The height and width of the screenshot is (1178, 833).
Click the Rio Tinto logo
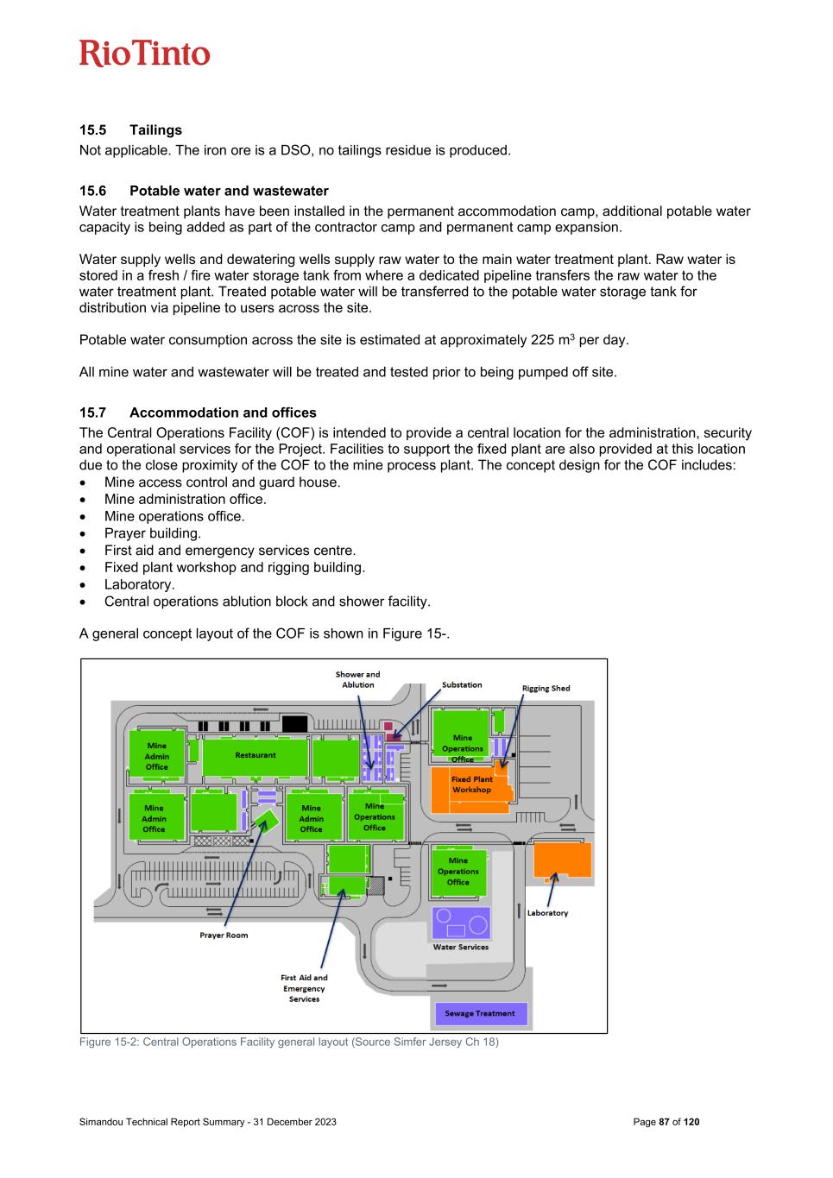tap(144, 54)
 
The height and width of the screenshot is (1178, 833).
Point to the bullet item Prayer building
tap(152, 533)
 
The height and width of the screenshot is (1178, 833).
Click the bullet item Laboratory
tap(139, 584)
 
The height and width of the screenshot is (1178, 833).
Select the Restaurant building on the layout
tap(256, 756)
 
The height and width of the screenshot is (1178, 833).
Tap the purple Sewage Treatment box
tap(479, 1013)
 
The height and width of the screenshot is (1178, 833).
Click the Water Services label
tap(460, 947)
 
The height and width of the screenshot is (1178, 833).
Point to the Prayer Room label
tap(224, 935)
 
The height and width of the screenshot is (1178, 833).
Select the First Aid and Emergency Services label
tap(304, 988)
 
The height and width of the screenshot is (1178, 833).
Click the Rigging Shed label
tap(546, 689)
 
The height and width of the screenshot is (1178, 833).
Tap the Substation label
tap(462, 685)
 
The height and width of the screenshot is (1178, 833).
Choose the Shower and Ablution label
tap(357, 679)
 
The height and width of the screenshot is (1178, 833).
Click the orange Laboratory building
tap(562, 860)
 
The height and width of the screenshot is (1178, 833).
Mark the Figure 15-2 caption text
tap(288, 1042)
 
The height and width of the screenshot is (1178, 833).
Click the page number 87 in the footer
tap(664, 1122)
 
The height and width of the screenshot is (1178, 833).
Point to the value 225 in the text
tap(542, 340)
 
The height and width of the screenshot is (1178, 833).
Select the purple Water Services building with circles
tap(461, 923)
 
